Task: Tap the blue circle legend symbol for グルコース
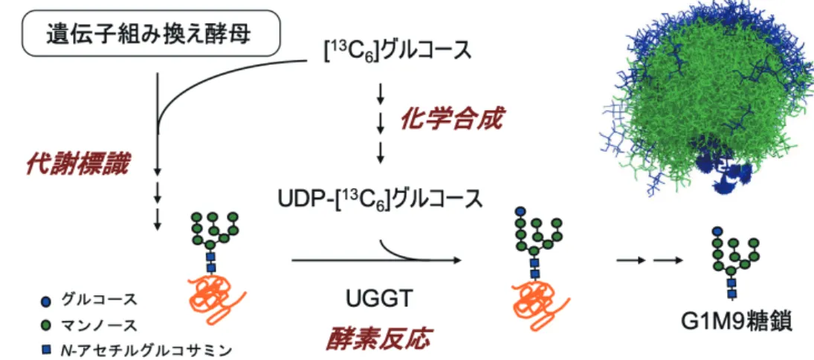coord(46,301)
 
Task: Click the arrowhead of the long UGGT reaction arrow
coord(457,260)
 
